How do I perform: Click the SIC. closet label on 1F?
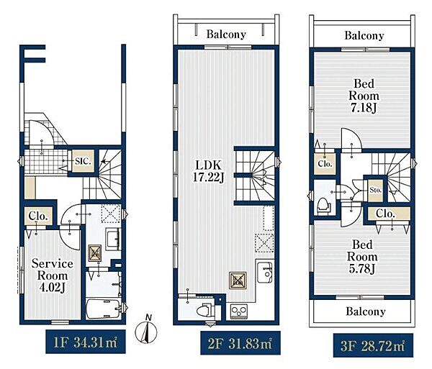(83, 161)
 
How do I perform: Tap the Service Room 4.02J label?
(53, 275)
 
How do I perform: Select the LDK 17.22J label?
(208, 171)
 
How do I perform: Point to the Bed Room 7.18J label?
(364, 96)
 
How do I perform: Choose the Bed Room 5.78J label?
(362, 257)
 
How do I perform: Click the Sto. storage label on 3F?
(376, 190)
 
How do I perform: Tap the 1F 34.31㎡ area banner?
(86, 342)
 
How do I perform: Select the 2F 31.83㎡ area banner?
(240, 343)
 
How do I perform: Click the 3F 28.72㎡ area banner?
(373, 345)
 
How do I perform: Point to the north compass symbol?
(146, 329)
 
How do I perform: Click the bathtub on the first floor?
(104, 309)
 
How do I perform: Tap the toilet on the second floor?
(205, 311)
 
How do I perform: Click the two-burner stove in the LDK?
(239, 311)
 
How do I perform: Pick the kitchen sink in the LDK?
(265, 273)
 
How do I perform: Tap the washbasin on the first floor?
(113, 239)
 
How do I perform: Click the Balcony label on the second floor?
(226, 34)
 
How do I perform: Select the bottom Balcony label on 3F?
(366, 311)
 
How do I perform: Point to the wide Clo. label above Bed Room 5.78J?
(385, 214)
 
